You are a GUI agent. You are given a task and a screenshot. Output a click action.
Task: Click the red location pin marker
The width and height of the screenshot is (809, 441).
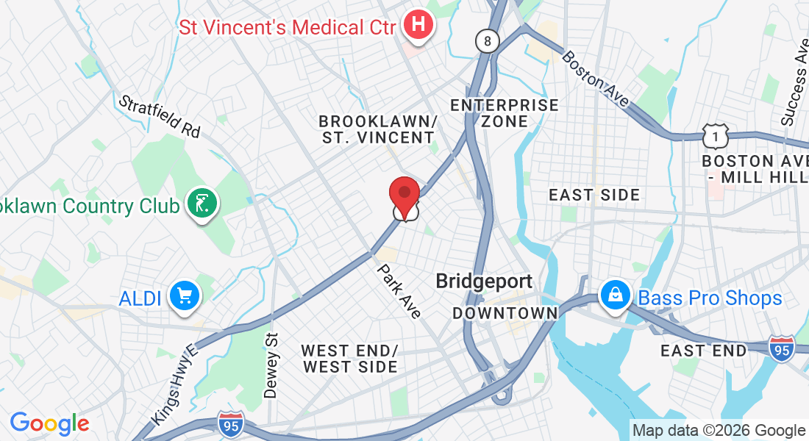[x=404, y=196]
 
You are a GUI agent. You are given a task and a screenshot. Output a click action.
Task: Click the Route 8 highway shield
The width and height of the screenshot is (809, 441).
[x=486, y=41]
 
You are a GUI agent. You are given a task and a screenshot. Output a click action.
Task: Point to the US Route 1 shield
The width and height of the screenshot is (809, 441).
[x=715, y=135]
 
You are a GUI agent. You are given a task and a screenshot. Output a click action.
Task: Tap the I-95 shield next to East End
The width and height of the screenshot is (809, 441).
[x=781, y=348]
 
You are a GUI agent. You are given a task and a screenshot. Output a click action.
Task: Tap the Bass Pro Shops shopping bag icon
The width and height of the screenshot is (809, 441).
[x=614, y=296]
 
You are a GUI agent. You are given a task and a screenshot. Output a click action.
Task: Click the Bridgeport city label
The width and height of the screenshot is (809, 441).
[x=484, y=282]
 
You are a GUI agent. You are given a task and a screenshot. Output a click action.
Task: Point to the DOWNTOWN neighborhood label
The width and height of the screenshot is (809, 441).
[x=505, y=314]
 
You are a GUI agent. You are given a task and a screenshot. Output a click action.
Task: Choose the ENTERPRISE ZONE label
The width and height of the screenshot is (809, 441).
[x=505, y=113]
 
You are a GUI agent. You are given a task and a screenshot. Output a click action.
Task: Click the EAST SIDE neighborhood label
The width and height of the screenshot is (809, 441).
[x=595, y=195]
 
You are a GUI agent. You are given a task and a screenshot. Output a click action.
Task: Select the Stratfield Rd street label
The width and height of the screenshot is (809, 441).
[x=159, y=116]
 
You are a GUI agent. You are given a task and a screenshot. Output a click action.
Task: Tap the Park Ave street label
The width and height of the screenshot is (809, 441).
[x=399, y=291]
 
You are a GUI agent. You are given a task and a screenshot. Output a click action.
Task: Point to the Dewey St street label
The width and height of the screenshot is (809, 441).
[x=271, y=365]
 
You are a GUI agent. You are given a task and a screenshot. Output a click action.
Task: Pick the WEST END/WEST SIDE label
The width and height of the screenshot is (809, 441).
[x=349, y=359]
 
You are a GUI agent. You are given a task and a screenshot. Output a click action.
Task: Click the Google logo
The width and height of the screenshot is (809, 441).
[x=49, y=423]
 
